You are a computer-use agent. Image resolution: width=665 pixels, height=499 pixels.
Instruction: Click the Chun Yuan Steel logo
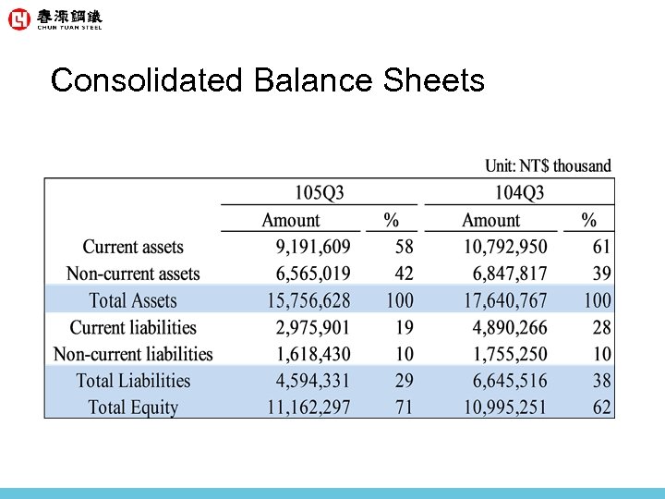pos(54,19)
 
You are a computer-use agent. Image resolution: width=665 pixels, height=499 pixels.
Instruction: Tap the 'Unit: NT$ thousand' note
pos(548,166)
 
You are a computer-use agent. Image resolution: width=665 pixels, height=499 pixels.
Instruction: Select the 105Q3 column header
pos(319,193)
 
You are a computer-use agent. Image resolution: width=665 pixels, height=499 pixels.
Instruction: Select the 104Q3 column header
pos(519,193)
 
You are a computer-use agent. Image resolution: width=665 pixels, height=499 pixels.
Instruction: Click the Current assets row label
pos(133,247)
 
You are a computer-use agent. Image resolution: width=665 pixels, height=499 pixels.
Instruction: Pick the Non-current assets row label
pos(133,274)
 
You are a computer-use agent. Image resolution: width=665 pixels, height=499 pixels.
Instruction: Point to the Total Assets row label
pos(133,300)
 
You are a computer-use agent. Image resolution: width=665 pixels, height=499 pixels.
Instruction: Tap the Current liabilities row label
pos(133,327)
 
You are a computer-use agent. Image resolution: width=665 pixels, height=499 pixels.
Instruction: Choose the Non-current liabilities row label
pos(133,354)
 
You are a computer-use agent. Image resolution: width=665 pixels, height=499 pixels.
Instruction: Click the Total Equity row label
pos(133,408)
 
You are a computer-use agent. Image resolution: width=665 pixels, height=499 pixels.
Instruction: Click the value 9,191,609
pos(313,247)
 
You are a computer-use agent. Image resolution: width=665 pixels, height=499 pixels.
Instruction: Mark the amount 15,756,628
pos(308,300)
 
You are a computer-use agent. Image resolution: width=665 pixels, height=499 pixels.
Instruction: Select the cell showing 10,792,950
pos(505,247)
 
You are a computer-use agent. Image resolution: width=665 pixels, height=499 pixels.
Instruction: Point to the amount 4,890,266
pos(510,327)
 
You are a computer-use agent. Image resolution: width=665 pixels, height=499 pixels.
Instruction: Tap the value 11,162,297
pos(308,408)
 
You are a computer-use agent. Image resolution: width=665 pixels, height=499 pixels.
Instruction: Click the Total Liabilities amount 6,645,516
pos(510,381)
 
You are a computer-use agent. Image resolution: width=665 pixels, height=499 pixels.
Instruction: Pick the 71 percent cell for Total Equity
pos(404,408)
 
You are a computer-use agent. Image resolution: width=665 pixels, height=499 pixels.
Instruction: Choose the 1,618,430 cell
pos(313,354)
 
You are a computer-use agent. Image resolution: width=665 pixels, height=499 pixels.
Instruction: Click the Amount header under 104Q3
pos(491,220)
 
